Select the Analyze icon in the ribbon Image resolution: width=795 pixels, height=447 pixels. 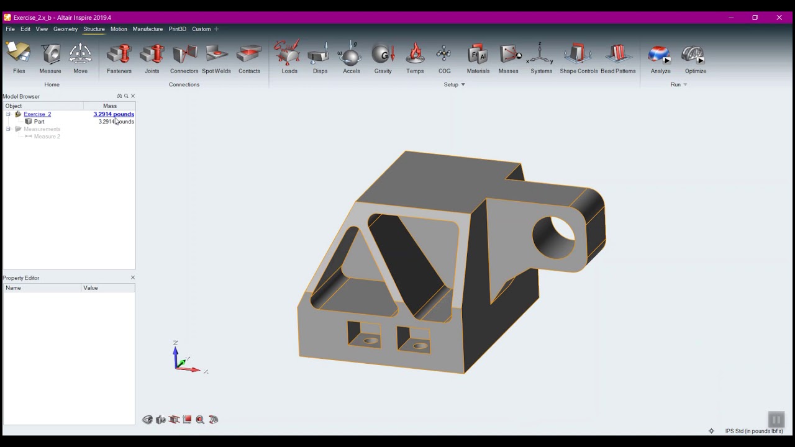point(660,56)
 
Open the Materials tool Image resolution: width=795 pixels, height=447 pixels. point(478,56)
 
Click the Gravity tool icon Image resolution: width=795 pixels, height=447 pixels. point(383,56)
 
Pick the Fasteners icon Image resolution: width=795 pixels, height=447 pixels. point(119,56)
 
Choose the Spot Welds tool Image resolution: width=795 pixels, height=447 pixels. point(216,56)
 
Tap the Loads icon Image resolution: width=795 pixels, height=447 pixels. point(289,56)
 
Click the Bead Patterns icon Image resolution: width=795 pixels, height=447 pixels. point(617,56)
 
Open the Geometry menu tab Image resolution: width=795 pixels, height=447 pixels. point(65,29)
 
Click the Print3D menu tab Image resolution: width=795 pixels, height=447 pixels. point(177,29)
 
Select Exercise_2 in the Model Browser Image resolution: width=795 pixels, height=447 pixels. point(37,114)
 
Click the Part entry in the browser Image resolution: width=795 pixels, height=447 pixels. point(39,122)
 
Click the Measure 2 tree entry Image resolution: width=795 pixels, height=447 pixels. point(47,137)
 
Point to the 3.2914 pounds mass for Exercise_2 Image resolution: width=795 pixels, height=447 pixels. point(114,114)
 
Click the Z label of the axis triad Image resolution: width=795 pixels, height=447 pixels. point(175,343)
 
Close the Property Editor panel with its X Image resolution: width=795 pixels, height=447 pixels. point(133,278)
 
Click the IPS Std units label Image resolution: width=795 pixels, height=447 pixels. point(753,431)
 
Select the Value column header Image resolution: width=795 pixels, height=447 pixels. point(91,288)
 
